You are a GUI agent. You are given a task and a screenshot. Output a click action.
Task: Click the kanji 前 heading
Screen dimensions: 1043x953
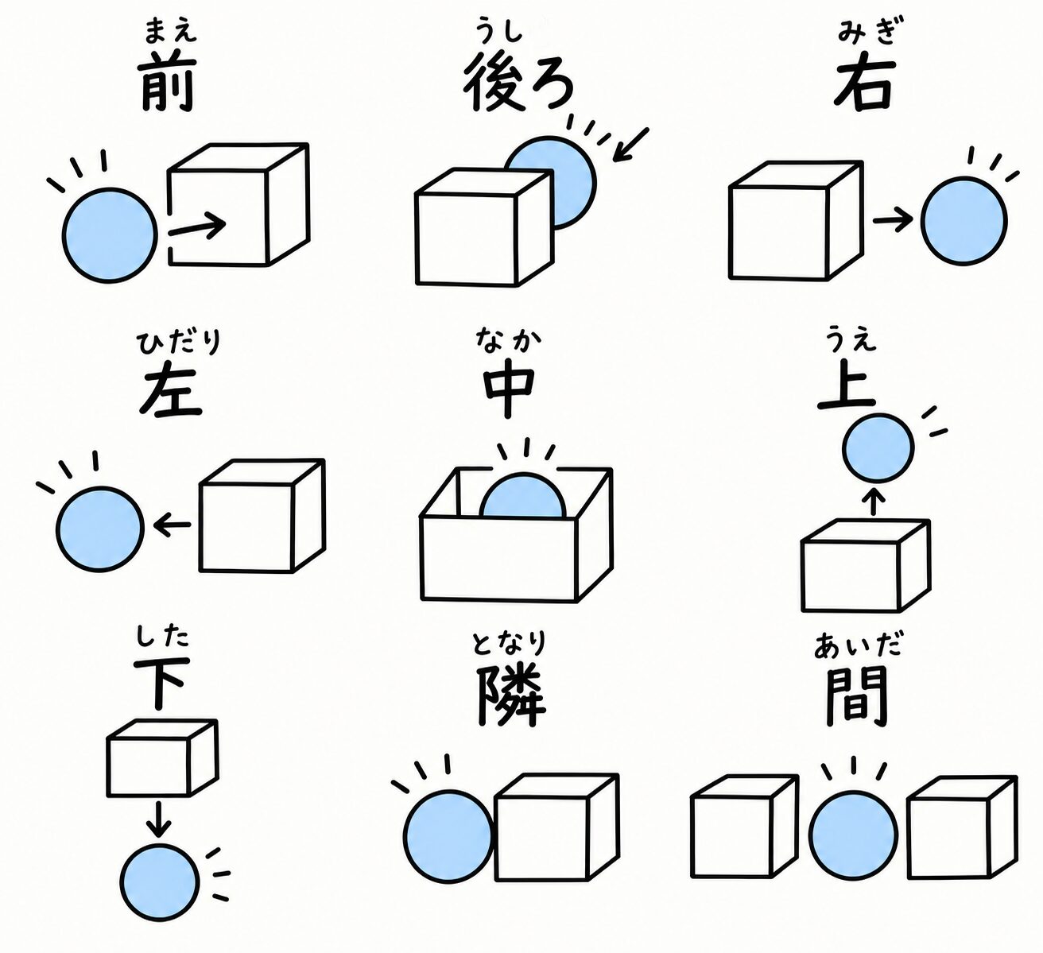pos(168,80)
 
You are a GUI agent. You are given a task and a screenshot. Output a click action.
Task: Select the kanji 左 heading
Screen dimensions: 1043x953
pos(169,392)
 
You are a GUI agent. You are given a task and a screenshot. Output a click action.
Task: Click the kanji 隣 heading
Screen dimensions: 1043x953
pos(510,695)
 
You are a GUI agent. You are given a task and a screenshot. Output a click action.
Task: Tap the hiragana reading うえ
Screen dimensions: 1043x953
pos(852,340)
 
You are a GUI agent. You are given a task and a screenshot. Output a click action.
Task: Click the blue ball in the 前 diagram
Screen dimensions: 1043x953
pos(110,235)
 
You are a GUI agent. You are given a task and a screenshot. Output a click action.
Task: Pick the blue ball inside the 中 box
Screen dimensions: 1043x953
pos(522,497)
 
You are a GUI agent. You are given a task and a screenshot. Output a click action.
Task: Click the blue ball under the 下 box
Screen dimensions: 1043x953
pos(160,881)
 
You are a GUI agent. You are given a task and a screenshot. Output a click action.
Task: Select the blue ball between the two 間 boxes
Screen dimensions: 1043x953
pos(853,835)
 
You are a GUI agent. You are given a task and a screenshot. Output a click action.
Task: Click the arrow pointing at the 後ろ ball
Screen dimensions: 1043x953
pos(630,145)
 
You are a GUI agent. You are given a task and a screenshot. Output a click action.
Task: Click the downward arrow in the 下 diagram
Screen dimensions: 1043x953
pos(158,819)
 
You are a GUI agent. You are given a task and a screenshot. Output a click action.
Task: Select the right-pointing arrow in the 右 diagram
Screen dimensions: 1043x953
pos(893,220)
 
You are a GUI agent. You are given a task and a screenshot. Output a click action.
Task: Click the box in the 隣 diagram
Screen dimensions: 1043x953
pos(556,827)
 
